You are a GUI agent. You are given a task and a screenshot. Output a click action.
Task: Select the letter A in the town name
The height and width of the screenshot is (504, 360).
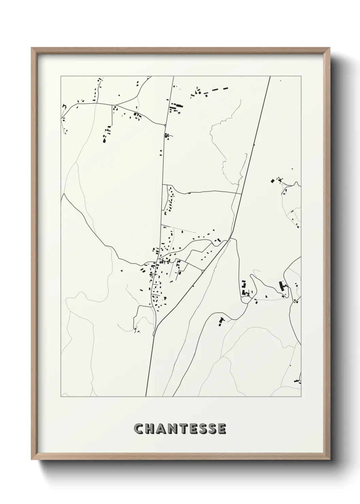161,428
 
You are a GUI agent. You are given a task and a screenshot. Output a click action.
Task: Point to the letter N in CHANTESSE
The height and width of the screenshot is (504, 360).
173,428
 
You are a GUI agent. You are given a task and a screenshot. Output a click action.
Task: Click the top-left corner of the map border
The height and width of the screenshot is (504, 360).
61,76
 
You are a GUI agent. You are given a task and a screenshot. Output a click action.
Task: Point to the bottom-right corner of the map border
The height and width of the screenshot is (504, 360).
301,397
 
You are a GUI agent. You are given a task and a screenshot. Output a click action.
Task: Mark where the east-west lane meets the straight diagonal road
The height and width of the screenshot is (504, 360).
242,193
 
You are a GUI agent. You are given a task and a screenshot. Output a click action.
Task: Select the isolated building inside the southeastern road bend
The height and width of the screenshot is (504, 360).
222,321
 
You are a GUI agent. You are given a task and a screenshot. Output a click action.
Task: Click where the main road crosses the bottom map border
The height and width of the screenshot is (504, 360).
146,396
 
